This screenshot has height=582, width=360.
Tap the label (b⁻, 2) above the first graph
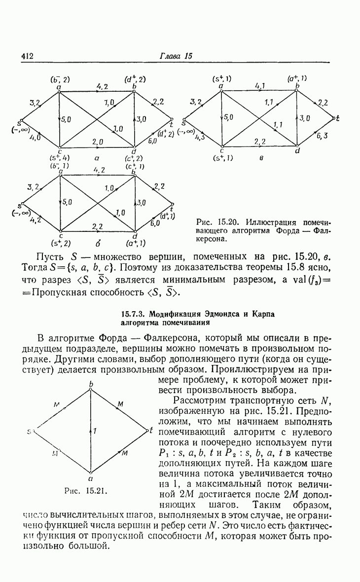(x=60, y=79)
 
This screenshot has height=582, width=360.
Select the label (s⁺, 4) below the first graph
(x=60, y=158)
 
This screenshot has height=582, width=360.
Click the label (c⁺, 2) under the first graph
(x=134, y=158)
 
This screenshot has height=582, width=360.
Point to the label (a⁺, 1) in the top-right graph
(x=297, y=78)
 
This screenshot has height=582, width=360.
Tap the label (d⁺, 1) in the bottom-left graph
(x=167, y=216)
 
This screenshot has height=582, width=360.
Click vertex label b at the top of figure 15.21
(x=91, y=384)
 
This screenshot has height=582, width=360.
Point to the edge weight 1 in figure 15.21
(x=95, y=431)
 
